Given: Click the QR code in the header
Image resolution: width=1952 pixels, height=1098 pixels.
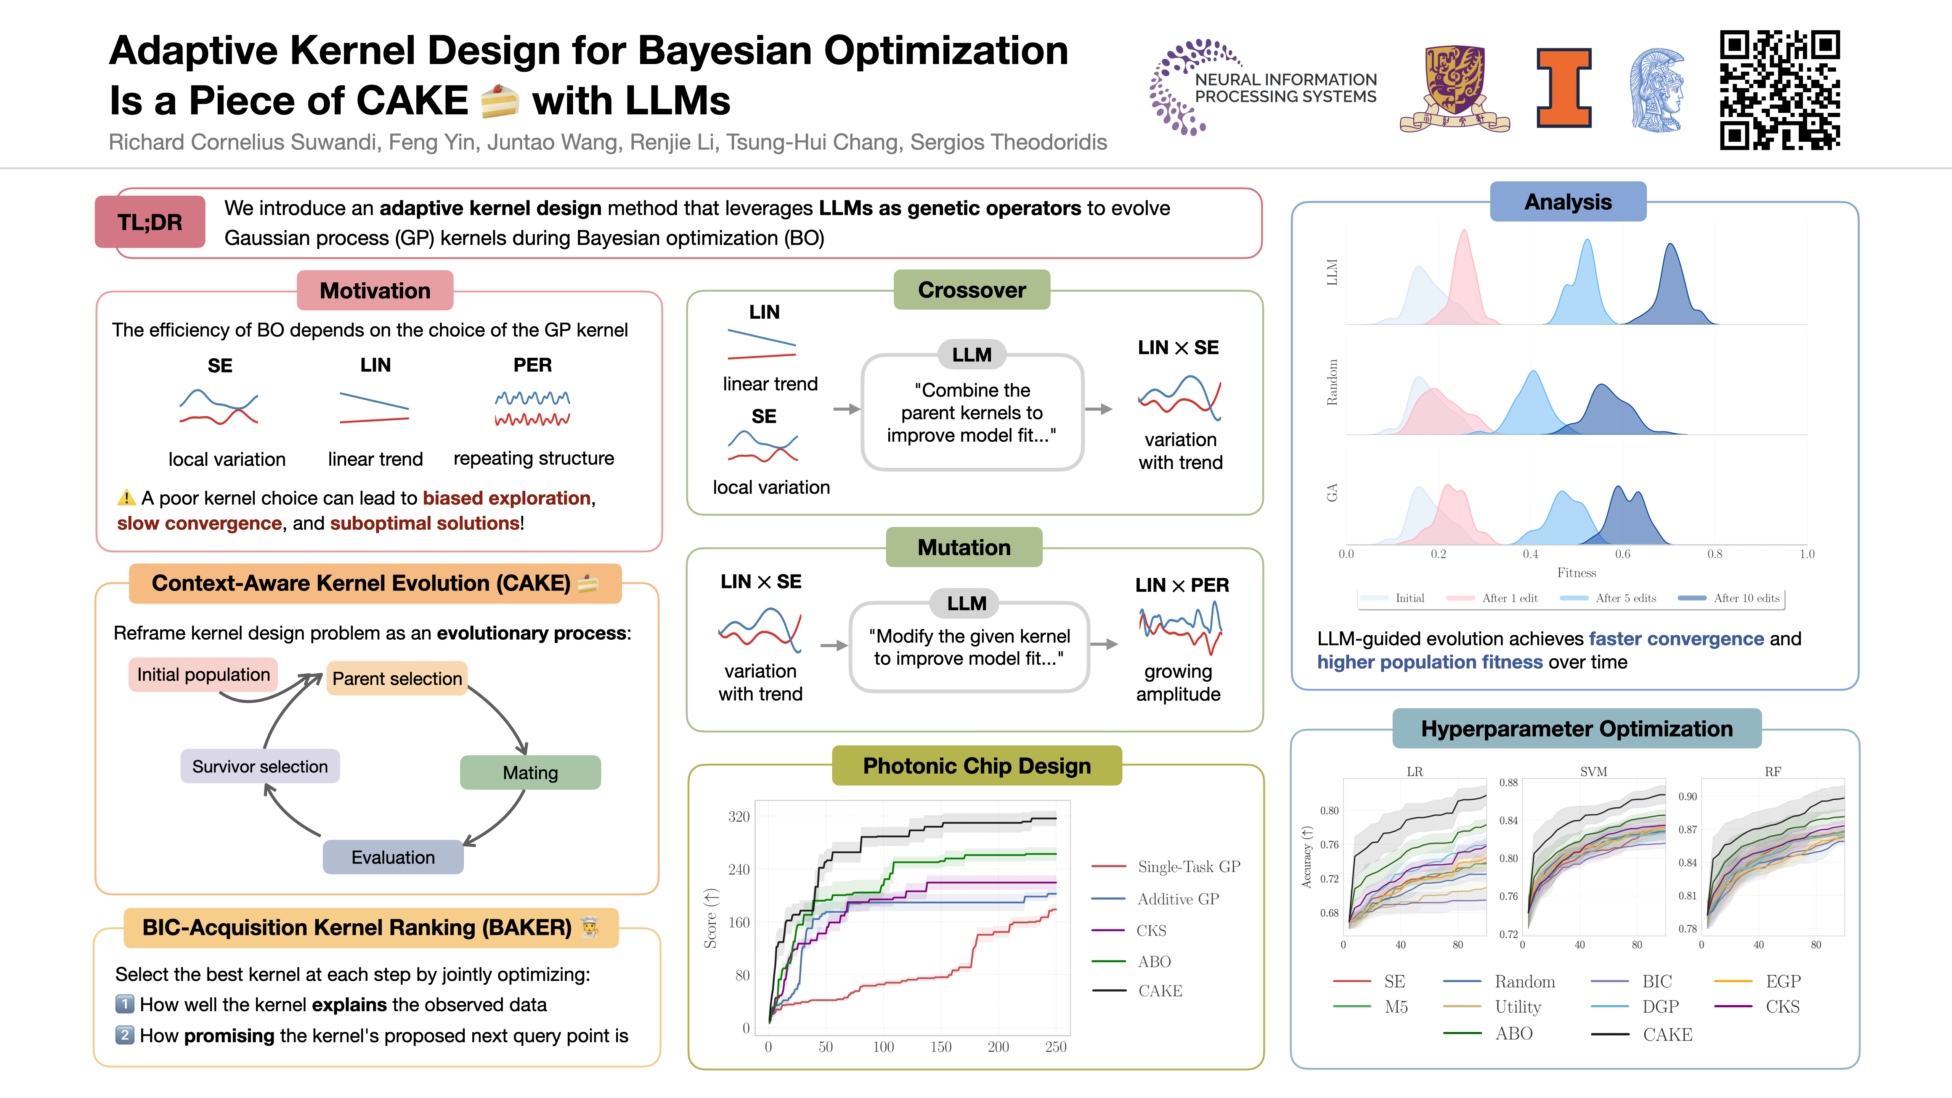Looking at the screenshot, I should click(1779, 90).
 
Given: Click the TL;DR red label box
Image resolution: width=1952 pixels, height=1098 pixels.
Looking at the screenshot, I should click(150, 222).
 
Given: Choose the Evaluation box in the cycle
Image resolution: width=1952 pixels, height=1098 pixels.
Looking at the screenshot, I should click(393, 857).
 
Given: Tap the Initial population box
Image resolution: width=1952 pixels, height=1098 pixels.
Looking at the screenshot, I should click(203, 674).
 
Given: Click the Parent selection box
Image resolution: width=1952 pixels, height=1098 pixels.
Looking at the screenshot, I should click(397, 678).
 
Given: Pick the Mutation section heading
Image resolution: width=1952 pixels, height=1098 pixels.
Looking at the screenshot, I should click(964, 547).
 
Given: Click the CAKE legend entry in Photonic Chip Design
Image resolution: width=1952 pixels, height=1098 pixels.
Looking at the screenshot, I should click(1159, 990).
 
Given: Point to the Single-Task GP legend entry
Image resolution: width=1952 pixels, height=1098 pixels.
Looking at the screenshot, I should click(1188, 866).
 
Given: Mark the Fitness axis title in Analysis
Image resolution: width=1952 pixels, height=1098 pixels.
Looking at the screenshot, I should click(1576, 573).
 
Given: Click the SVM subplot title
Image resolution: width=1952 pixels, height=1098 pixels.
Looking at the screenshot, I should click(1594, 771).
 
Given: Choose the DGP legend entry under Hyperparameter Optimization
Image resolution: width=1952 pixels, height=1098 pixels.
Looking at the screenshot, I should click(1660, 1006).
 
